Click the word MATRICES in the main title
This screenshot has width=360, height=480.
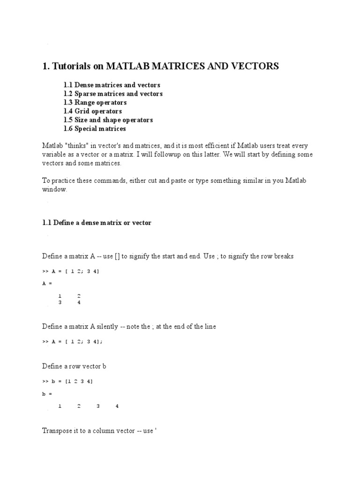[x=149, y=67]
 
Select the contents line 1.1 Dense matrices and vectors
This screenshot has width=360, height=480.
[x=112, y=85]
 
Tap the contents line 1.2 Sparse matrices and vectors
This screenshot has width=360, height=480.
[x=113, y=94]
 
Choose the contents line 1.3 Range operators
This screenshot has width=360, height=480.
[x=95, y=102]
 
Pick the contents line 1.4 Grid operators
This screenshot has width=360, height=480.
[x=93, y=111]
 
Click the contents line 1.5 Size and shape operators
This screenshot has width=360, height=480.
[x=108, y=120]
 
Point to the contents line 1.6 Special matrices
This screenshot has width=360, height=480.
[x=95, y=128]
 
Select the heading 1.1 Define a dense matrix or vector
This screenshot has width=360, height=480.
[x=97, y=223]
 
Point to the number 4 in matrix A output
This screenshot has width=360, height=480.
[x=79, y=302]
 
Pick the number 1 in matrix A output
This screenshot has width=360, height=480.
[x=60, y=296]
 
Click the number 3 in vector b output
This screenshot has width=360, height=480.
[x=98, y=406]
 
